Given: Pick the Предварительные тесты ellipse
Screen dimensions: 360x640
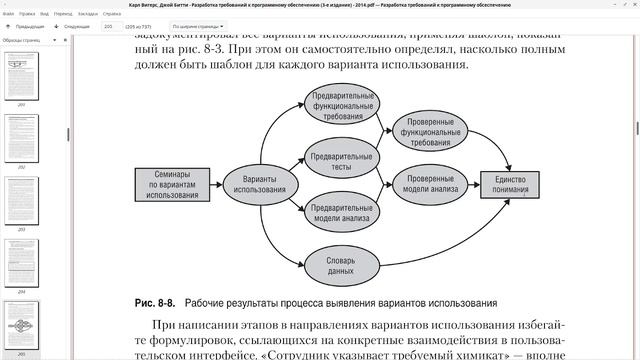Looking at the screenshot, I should pyautogui.click(x=342, y=161).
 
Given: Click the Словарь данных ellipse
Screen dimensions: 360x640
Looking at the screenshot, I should pyautogui.click(x=341, y=265).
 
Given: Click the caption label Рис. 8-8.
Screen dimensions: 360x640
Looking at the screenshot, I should pyautogui.click(x=156, y=303).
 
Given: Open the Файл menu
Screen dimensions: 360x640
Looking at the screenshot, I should pyautogui.click(x=8, y=15).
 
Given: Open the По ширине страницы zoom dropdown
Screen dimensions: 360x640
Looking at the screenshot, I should pyautogui.click(x=198, y=27).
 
